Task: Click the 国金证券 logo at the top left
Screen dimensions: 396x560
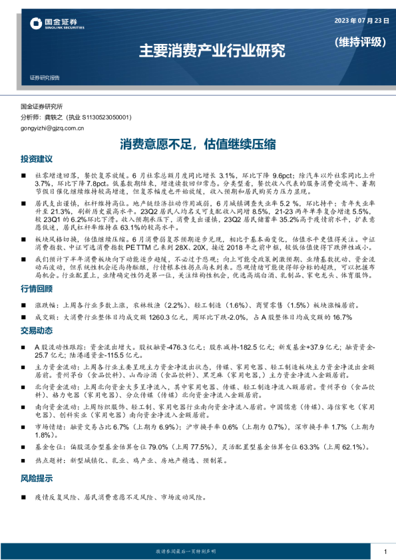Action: tap(57, 24)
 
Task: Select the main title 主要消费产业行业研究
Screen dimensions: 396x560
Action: tap(212, 50)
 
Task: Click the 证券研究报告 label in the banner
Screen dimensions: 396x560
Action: tap(45, 78)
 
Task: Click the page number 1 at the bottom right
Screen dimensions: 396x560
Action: tap(385, 551)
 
